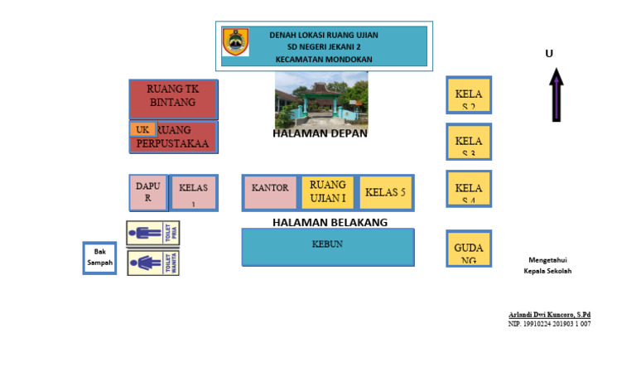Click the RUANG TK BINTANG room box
coord(173,99)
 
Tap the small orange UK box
coord(142,129)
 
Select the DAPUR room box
coord(148,192)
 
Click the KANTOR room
coord(270,192)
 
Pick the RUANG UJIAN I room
coord(327,192)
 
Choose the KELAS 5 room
coord(385,192)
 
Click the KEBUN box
coord(327,247)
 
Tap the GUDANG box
coord(469,248)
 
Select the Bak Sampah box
coord(99,258)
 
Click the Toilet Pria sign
coord(152,234)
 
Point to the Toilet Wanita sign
coord(152,263)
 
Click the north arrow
coord(556,94)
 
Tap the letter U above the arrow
coord(549,54)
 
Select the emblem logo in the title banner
coord(235,42)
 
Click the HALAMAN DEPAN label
coord(320,133)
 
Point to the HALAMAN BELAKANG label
coord(330,223)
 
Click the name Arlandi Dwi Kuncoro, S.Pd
coord(549,315)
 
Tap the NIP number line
coord(549,324)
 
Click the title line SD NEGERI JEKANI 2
coord(324,47)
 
